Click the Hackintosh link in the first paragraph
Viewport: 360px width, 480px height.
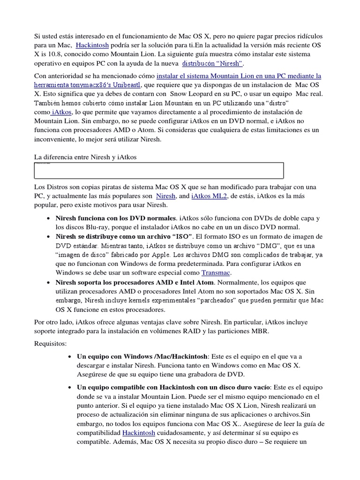point(92,45)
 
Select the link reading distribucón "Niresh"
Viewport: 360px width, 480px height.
point(212,63)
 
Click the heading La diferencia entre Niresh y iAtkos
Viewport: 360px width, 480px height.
point(85,157)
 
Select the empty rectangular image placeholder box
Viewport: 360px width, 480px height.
point(159,171)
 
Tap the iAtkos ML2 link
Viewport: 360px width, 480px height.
point(209,196)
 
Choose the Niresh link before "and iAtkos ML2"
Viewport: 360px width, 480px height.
point(165,196)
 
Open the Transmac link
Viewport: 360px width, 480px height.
point(216,272)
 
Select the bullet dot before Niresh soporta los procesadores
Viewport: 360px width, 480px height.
point(49,283)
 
